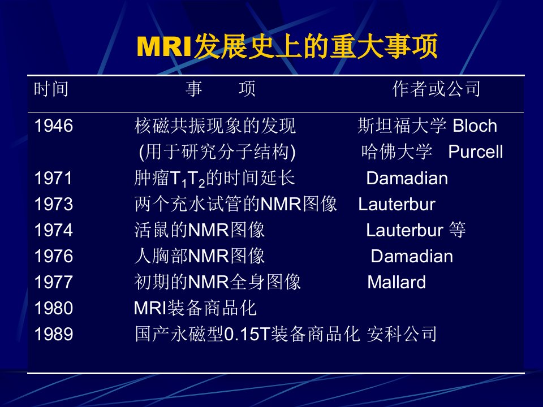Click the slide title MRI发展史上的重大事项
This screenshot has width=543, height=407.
pos(287,46)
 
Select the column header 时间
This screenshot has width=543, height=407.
pos(51,89)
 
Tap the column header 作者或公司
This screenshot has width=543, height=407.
pos(436,89)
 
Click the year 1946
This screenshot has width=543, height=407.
pos(54,125)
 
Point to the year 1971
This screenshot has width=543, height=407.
pos(53,178)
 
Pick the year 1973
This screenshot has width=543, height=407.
pos(54,204)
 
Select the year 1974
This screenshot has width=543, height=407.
pos(54,230)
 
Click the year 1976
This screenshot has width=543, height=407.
pos(54,256)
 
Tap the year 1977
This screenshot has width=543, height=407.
pos(54,282)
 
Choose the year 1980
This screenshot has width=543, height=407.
pos(54,308)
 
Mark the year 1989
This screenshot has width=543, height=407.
pos(54,334)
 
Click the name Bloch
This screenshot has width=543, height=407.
pos(475,125)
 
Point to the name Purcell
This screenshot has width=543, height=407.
pos(476,151)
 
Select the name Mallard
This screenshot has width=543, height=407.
pos(397,282)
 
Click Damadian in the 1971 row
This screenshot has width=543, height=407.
pos(407,178)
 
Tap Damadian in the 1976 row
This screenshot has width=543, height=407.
pos(412,256)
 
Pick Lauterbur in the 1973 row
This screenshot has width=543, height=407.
pos(397,204)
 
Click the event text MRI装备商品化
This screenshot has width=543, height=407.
pos(195,308)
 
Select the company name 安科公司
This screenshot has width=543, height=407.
pos(402,334)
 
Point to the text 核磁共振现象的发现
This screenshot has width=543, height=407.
pos(215,125)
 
